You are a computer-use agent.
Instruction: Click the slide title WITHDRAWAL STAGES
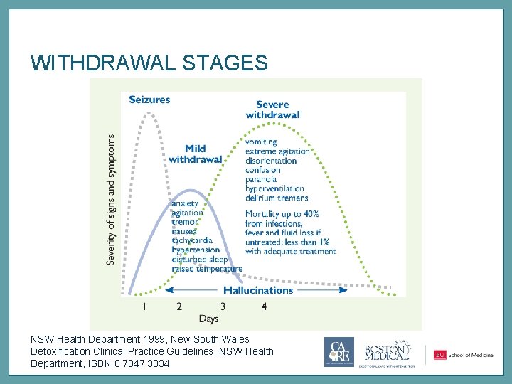[x=149, y=63]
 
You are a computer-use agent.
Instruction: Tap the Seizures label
[x=149, y=100]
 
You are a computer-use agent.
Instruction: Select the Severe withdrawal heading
[x=272, y=110]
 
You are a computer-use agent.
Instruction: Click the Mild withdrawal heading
[x=195, y=154]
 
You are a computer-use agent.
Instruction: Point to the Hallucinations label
[x=258, y=290]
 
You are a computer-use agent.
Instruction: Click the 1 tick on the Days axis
[x=144, y=306]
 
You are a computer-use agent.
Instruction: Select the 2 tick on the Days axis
[x=179, y=306]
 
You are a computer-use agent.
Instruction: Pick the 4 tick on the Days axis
[x=264, y=306]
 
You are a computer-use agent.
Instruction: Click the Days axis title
[x=208, y=319]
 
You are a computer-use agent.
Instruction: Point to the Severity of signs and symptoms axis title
[x=112, y=200]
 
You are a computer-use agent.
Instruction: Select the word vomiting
[x=261, y=142]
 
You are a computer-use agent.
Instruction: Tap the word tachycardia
[x=192, y=240]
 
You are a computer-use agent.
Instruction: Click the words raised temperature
[x=207, y=269]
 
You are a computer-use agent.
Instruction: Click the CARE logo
[x=339, y=352]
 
